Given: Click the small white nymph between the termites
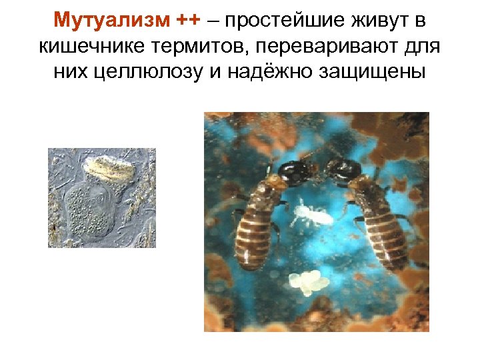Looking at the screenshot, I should click(308, 213).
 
